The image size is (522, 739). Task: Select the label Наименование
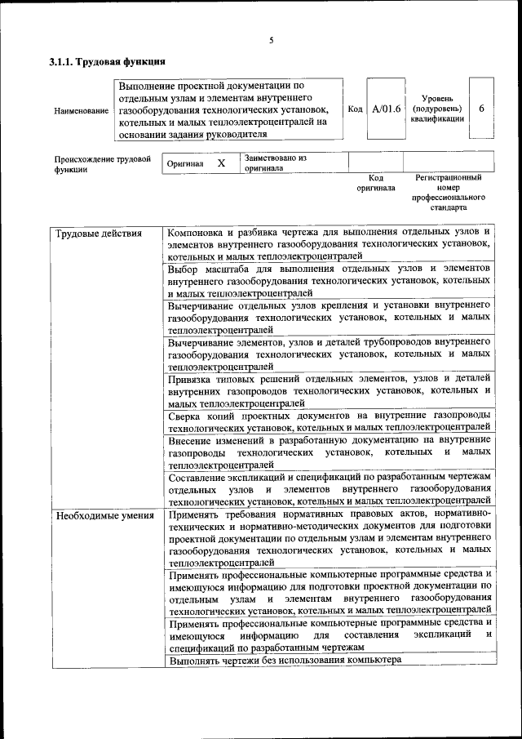[x=82, y=110]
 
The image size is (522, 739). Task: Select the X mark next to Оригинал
[x=220, y=163]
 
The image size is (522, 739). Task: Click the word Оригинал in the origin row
[x=184, y=163]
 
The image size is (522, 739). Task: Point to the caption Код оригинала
[x=375, y=182]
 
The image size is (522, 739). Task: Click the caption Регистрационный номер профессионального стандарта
[x=449, y=193]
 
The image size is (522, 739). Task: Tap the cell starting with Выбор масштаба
[x=328, y=280]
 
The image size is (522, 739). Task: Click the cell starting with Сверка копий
[x=328, y=421]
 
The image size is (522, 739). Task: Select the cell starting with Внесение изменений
[x=328, y=452]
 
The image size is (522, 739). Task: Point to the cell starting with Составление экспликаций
[x=328, y=488]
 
